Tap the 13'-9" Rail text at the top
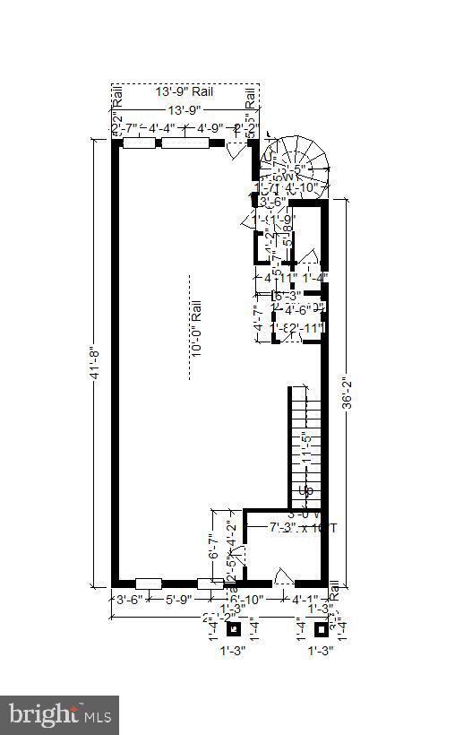click(185, 91)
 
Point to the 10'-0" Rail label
click(196, 328)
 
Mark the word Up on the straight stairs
click(306, 491)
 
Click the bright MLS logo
click(60, 714)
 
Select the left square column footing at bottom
click(234, 628)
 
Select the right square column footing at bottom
click(322, 628)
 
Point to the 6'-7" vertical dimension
click(214, 547)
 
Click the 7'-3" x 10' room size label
click(303, 529)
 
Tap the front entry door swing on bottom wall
click(281, 575)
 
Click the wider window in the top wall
click(185, 143)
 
